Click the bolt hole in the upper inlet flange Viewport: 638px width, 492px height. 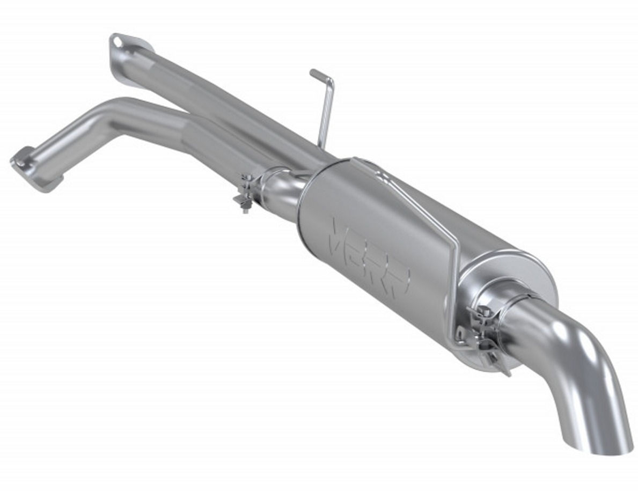tap(118, 41)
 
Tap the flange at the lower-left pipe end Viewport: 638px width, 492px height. tap(24, 164)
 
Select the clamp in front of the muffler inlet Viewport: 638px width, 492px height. tap(249, 191)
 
